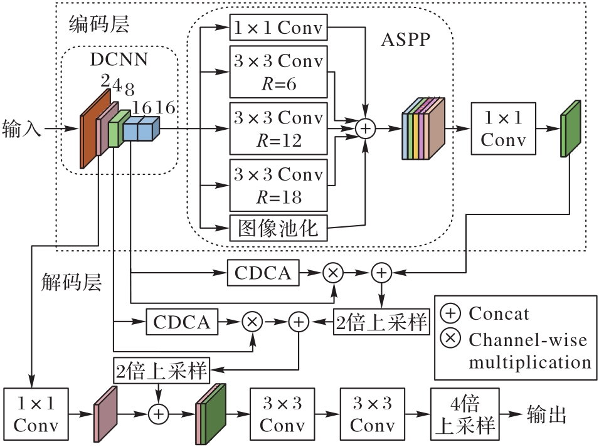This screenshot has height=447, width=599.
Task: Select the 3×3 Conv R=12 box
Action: (278, 128)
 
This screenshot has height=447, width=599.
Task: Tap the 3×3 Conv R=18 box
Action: (278, 185)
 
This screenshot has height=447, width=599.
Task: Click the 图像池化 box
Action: (278, 228)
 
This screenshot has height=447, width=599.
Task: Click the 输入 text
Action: (22, 130)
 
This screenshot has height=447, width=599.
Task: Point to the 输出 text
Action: (548, 414)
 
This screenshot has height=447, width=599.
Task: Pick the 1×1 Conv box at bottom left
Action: (36, 414)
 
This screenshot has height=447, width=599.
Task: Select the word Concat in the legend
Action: (499, 313)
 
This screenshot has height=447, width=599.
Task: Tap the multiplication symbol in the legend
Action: (451, 339)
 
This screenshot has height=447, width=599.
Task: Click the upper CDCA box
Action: (263, 273)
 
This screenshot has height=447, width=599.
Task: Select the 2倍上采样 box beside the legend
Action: (381, 322)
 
